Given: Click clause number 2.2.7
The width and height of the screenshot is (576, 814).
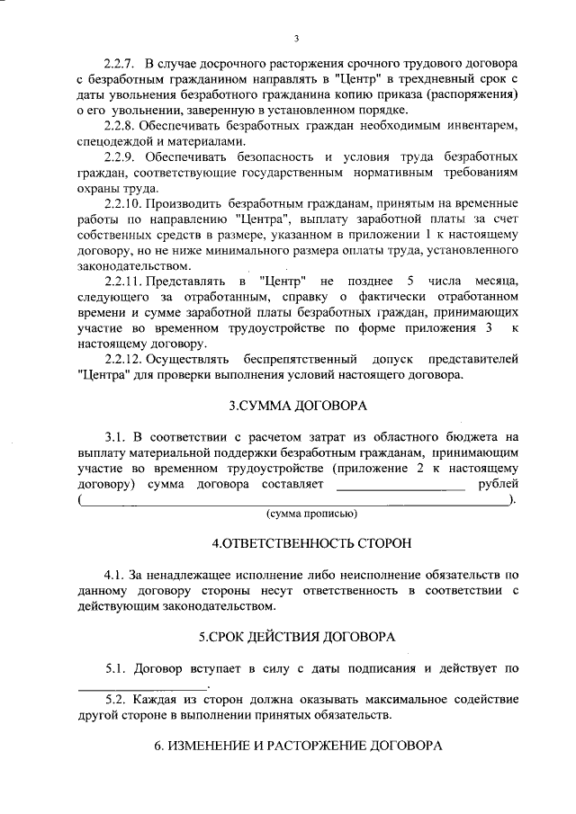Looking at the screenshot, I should click(119, 67).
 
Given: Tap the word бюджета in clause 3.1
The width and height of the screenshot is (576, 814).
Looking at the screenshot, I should click(470, 441).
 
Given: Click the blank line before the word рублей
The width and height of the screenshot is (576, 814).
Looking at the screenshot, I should click(400, 487).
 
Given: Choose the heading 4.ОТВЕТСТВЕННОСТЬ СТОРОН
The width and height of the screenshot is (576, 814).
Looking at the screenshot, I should click(298, 544).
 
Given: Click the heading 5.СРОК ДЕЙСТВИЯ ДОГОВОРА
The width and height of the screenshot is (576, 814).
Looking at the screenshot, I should click(298, 636).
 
